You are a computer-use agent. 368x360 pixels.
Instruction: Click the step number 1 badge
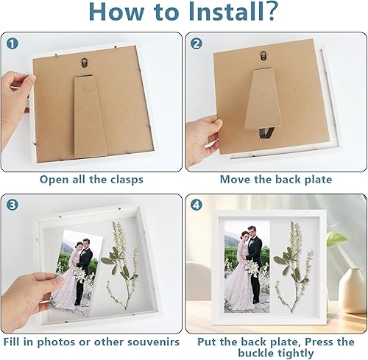[13, 43]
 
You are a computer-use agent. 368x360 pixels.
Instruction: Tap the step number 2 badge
[197, 43]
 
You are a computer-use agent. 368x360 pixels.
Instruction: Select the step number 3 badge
[13, 205]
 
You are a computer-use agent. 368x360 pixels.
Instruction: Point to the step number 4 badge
[197, 205]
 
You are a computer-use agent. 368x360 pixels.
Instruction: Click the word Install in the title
[227, 12]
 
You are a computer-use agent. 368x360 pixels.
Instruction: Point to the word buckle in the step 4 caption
[258, 353]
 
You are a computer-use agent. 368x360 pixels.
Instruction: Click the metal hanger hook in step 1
[85, 62]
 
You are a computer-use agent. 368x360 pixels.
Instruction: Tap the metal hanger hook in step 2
[263, 56]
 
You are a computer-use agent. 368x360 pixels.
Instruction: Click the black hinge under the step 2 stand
[266, 133]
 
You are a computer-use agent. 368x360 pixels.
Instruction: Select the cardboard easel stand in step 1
[90, 117]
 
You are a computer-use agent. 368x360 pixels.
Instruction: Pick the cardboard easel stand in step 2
[263, 99]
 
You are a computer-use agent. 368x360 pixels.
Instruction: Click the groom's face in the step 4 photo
[251, 232]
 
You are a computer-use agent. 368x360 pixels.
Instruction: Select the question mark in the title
[271, 12]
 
